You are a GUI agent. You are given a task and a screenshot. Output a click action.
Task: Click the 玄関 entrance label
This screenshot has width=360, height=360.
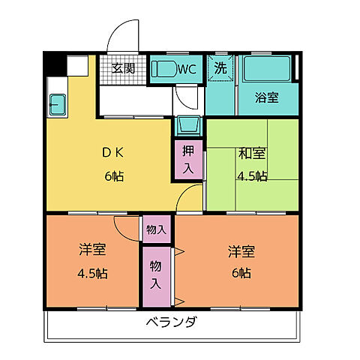click(124, 68)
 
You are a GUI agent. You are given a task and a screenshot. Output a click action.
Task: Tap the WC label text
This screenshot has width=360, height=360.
click(187, 69)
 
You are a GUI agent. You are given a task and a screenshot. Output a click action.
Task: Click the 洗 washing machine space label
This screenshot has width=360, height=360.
click(220, 67)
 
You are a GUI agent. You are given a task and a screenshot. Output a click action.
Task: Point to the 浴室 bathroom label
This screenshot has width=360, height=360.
click(265, 97)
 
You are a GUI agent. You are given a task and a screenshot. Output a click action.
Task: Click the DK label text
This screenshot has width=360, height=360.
click(113, 153)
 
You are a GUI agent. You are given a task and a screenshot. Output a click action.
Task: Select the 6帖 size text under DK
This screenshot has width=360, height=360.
click(114, 177)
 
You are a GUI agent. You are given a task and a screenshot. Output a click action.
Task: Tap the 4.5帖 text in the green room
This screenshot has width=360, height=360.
click(250, 177)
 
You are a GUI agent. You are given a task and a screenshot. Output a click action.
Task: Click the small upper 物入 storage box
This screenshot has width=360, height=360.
click(157, 228)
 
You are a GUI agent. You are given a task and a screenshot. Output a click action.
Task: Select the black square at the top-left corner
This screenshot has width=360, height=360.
click(54, 63)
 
